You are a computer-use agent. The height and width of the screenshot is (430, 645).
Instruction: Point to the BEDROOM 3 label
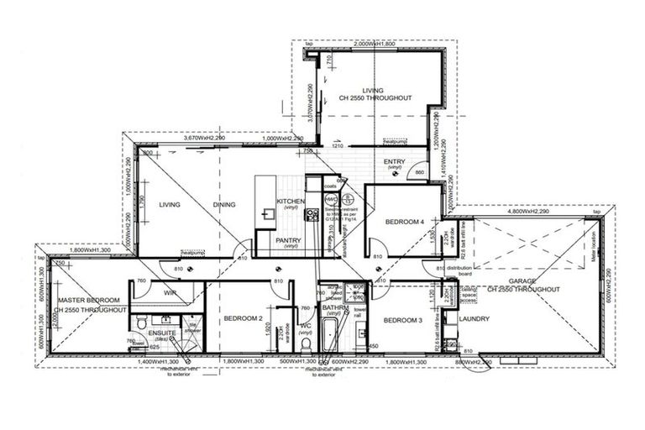[403, 320]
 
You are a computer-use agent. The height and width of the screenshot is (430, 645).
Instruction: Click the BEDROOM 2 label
[244, 319]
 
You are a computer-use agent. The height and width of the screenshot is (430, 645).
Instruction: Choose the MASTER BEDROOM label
[87, 300]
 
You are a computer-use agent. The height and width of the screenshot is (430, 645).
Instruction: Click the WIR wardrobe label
[170, 293]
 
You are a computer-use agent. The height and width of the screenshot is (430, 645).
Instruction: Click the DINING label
[224, 204]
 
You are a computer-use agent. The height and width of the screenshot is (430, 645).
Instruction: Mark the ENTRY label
[394, 162]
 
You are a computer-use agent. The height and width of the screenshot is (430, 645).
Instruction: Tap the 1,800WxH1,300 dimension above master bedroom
[92, 250]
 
